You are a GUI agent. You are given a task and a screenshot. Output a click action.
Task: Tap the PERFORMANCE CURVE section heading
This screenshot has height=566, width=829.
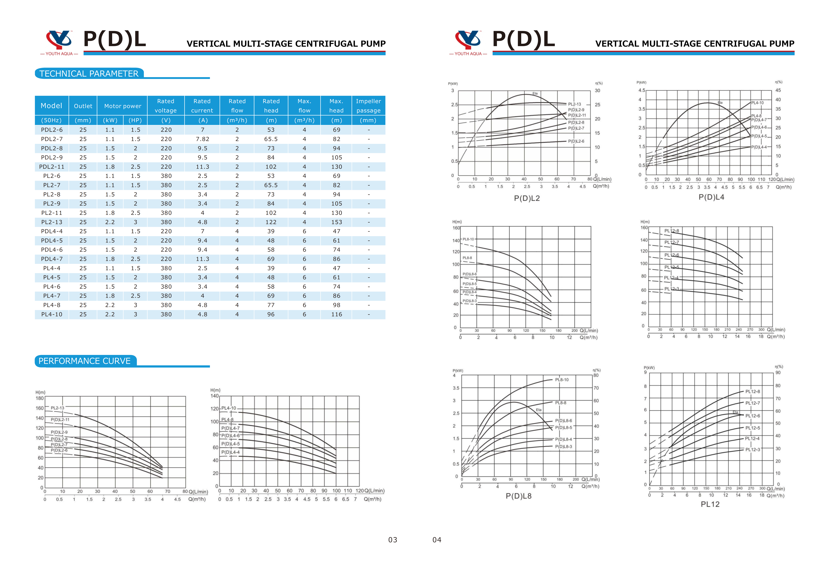coord(84,361)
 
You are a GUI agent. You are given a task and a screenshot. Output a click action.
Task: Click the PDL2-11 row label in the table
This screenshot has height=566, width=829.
coord(52,167)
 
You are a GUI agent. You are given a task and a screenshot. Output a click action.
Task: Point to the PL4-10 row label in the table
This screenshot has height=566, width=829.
coord(52,314)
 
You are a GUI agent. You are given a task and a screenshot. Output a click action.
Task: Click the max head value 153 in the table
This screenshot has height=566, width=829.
coord(336,222)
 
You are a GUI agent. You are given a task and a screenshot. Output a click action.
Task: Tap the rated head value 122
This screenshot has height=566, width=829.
coord(271,222)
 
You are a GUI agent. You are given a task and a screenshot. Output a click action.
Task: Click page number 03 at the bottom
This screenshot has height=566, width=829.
coord(392,540)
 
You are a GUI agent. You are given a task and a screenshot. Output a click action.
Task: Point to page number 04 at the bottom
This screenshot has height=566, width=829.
coord(437,540)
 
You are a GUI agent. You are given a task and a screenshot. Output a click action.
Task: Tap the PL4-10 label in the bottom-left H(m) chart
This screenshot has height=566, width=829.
coord(229,408)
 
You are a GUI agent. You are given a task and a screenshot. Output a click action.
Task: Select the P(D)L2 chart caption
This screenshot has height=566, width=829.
coord(526,198)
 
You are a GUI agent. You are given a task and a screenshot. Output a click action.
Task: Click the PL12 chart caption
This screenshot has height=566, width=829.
coord(710,504)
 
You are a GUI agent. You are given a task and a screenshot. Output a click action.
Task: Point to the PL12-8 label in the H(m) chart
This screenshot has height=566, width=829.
coord(671,231)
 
